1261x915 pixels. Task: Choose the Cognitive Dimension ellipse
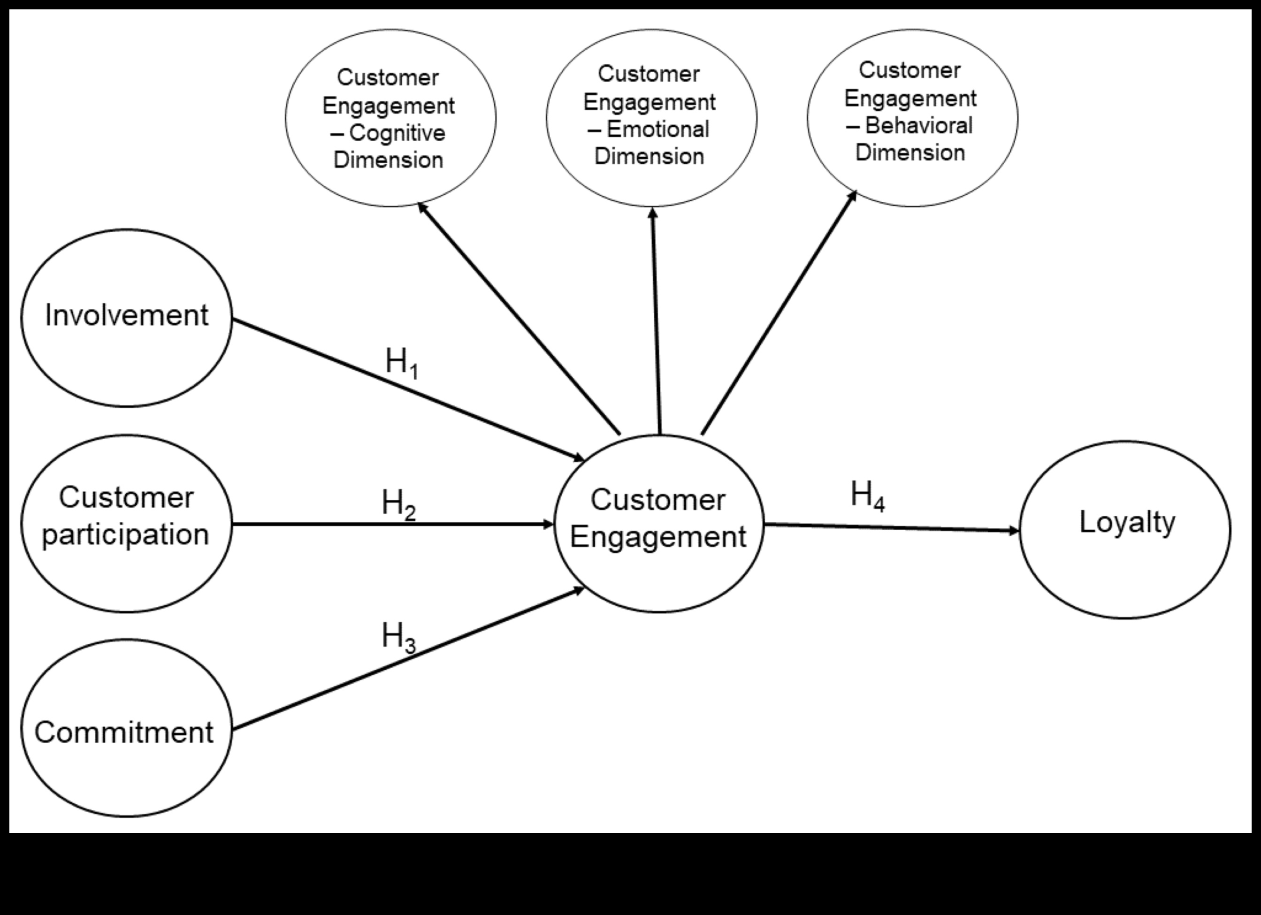391,118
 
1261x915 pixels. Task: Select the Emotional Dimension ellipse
651,118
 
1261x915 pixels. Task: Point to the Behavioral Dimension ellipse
912,118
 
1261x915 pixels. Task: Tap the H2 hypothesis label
398,504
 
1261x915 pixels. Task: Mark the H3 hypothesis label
398,637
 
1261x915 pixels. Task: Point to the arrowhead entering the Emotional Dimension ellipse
653,213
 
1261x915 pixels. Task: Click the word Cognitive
397,133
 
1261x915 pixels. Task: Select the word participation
126,535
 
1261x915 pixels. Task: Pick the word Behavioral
918,126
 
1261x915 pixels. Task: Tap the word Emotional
658,130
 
